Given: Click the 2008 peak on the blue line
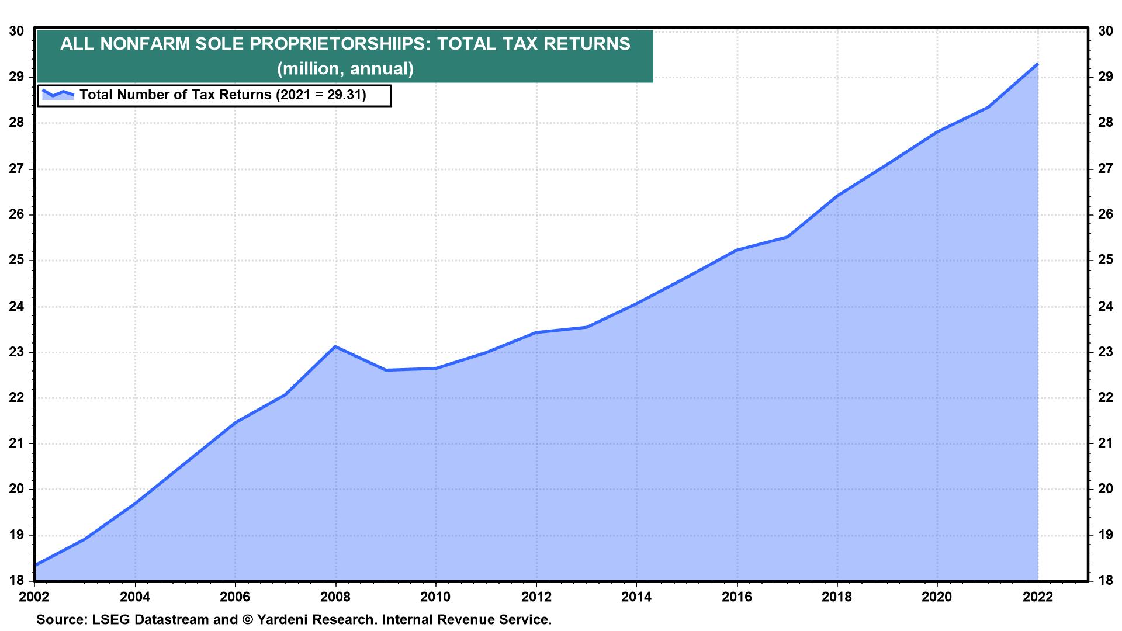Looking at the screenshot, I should [x=335, y=346].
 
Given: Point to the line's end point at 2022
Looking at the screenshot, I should [x=1037, y=64].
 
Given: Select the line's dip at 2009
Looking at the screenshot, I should [x=386, y=370].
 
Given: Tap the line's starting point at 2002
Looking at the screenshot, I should [x=36, y=565].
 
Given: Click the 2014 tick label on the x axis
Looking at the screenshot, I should [x=636, y=597].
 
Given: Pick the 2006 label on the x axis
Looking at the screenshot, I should [x=235, y=597].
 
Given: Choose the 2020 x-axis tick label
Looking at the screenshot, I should [x=937, y=597].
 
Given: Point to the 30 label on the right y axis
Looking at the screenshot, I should [x=1105, y=31].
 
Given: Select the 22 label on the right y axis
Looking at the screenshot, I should [x=1105, y=398].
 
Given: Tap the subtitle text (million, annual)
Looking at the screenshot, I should [x=345, y=69].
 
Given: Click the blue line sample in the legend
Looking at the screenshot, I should [x=57, y=94].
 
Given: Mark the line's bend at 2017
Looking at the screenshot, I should [x=787, y=237].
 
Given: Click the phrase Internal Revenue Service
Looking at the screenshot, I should [x=467, y=619].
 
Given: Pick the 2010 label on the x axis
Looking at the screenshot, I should [x=435, y=597].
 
